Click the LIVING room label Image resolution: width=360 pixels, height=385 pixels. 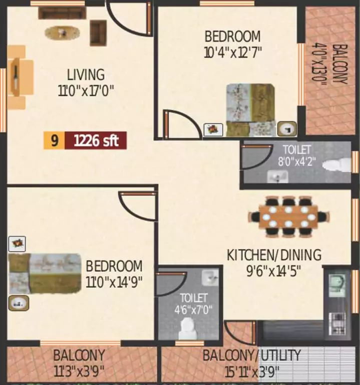(x=86, y=75)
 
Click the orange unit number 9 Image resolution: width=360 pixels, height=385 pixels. (x=55, y=141)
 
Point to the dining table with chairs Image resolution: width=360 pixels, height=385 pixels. (x=288, y=217)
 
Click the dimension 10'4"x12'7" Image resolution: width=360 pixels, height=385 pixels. (x=233, y=52)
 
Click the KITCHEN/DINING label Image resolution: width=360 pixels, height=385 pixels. (x=274, y=255)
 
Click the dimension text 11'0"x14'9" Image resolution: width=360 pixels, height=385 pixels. (x=114, y=282)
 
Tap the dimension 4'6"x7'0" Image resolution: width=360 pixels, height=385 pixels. (x=189, y=309)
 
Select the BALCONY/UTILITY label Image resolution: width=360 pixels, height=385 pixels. (x=251, y=356)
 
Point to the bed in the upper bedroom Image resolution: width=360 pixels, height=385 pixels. (x=250, y=110)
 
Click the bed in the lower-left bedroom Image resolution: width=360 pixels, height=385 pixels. (x=45, y=273)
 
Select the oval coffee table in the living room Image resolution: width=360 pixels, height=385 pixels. (x=62, y=33)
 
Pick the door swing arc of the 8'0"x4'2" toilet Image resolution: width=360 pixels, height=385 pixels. (x=256, y=158)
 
